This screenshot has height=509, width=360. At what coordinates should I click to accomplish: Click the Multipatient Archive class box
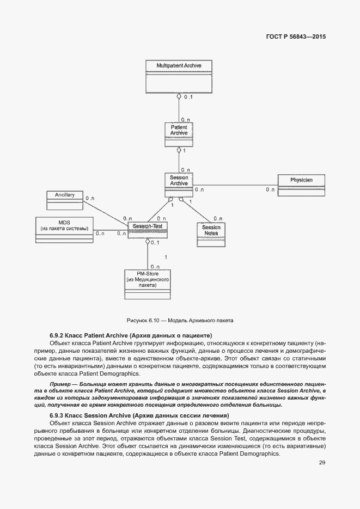[x=179, y=76]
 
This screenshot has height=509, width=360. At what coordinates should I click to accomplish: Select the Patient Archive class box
[x=179, y=134]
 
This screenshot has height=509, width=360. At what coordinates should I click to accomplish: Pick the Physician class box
[x=301, y=185]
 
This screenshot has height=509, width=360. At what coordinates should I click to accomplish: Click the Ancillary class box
[x=64, y=200]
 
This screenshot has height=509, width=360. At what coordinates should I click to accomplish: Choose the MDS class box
[x=64, y=230]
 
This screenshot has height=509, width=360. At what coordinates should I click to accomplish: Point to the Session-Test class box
[x=148, y=230]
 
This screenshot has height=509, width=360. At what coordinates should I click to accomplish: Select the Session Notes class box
[x=211, y=234]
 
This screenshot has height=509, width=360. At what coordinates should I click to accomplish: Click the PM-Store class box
[x=147, y=284]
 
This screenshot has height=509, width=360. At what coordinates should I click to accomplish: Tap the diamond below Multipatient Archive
[x=179, y=97]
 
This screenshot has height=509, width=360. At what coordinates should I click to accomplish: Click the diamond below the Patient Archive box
[x=179, y=150]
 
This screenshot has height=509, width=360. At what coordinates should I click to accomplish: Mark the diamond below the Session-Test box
[x=147, y=242]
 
